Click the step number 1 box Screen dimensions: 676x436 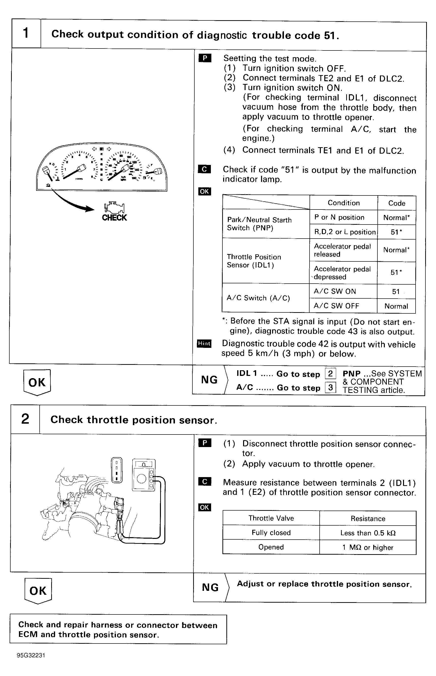(x=26, y=33)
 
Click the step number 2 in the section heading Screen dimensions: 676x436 (x=25, y=419)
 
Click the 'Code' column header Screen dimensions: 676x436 (x=396, y=203)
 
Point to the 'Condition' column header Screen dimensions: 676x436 (x=343, y=203)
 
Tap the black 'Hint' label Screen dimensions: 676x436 (x=204, y=343)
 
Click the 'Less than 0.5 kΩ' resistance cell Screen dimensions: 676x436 (x=368, y=533)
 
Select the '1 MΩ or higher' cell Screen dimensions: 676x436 (x=368, y=547)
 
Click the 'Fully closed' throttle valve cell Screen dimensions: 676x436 (x=271, y=533)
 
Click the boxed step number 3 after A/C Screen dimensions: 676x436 (x=330, y=387)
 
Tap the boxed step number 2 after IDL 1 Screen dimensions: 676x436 (x=330, y=373)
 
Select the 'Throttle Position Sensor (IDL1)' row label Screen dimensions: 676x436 (x=254, y=261)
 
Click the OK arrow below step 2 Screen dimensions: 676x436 (x=38, y=591)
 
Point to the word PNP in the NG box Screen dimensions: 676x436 (x=351, y=373)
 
